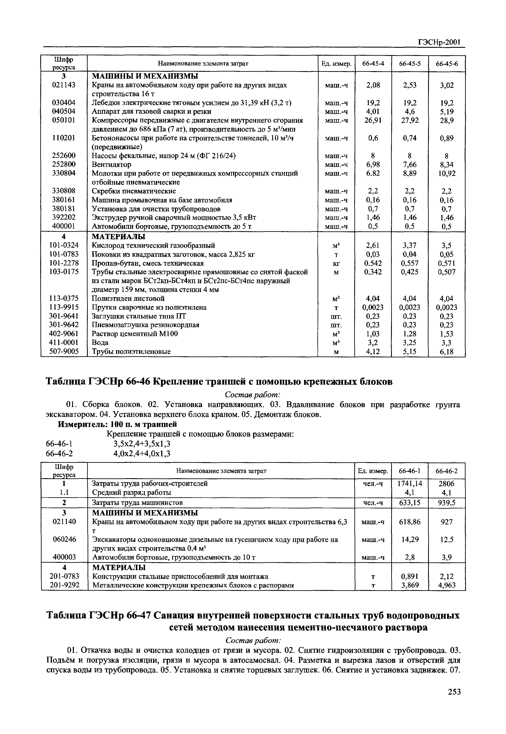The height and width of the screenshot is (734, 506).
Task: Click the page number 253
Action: (454, 692)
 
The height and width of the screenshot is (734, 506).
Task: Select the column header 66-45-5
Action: (410, 64)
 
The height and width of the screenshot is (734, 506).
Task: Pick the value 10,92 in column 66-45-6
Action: (446, 174)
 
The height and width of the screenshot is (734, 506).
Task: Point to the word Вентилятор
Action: (111, 165)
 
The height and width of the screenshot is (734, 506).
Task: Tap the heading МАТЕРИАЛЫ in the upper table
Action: (119, 237)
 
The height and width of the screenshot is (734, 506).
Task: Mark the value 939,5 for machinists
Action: (446, 503)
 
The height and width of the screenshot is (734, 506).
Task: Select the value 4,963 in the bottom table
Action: (446, 585)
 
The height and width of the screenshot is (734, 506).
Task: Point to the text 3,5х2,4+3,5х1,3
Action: (142, 443)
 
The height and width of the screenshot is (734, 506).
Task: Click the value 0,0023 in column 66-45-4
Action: (373, 307)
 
